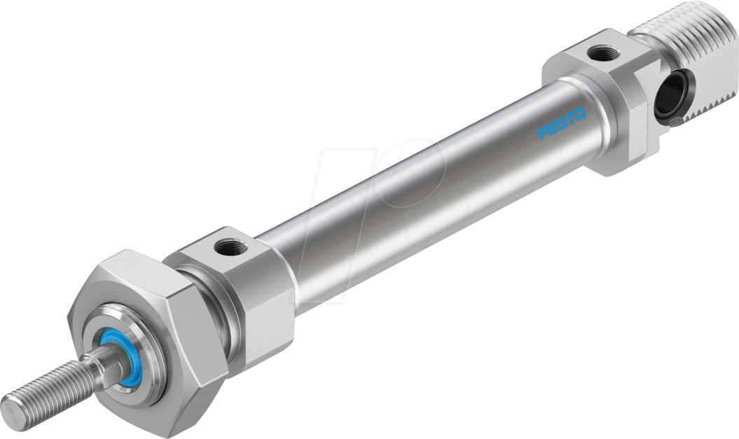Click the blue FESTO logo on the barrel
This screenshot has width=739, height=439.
click(x=562, y=122)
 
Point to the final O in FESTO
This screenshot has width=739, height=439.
click(x=580, y=111)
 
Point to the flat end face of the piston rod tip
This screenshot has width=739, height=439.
click(x=9, y=406)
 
